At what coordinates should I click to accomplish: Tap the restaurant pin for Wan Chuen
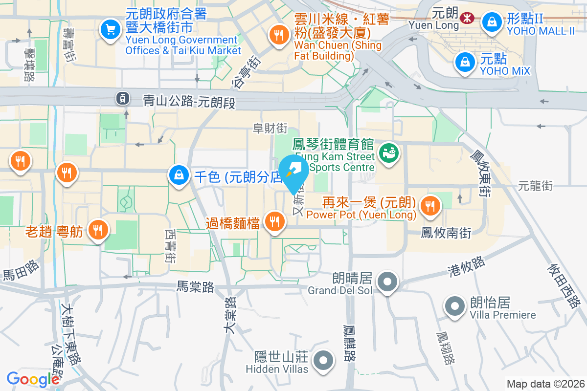[x=278, y=35]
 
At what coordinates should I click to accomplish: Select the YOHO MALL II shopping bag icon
[x=490, y=22]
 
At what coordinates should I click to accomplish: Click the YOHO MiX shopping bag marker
[x=463, y=62]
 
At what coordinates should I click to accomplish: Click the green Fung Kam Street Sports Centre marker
[x=389, y=153]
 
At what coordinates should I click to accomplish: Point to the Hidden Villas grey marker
[x=323, y=361]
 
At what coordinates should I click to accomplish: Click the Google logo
[x=33, y=379]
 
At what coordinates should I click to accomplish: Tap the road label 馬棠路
[x=195, y=287]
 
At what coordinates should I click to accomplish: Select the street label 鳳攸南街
[x=446, y=233]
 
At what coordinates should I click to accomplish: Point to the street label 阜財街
[x=270, y=129]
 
